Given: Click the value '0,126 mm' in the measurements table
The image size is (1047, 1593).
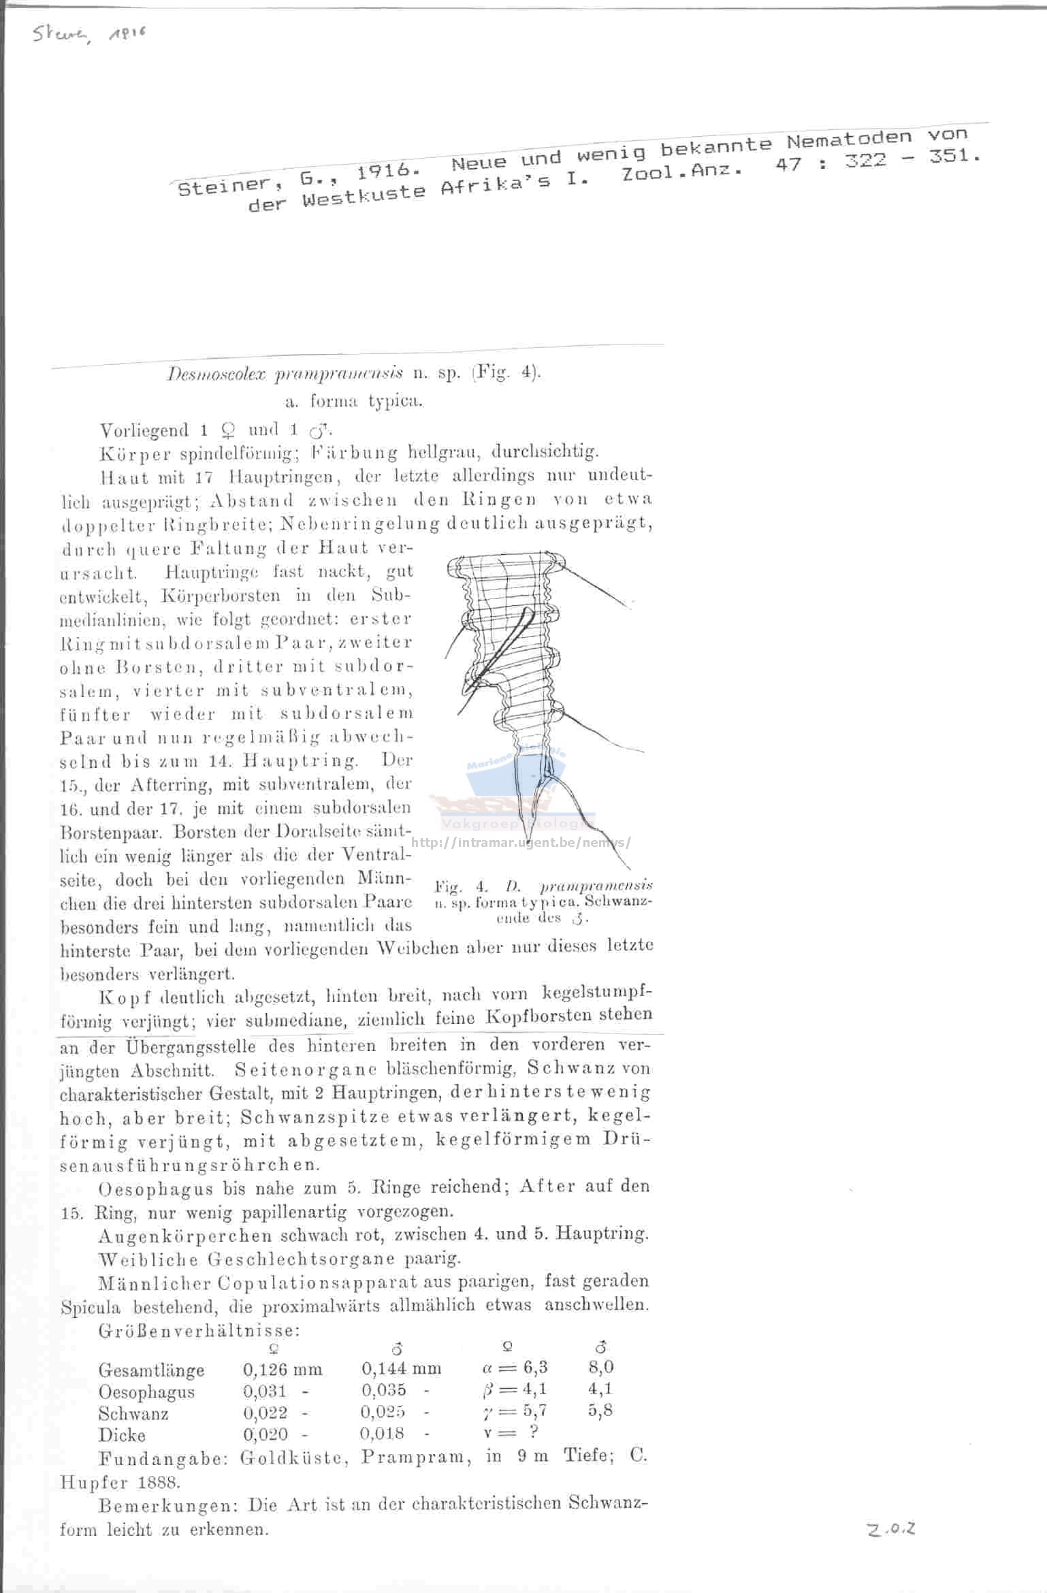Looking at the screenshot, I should click(x=283, y=1369).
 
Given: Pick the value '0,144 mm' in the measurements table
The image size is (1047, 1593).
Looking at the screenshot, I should click(x=401, y=1368).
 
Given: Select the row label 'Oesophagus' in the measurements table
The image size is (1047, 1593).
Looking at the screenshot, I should click(x=146, y=1392).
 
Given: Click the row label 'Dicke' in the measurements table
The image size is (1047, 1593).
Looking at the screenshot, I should click(x=122, y=1436).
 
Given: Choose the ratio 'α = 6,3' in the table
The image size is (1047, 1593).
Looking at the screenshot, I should click(x=514, y=1368).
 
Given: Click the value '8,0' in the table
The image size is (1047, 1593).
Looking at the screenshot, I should click(x=600, y=1367).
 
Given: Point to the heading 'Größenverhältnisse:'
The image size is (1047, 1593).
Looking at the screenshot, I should click(x=199, y=1330).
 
